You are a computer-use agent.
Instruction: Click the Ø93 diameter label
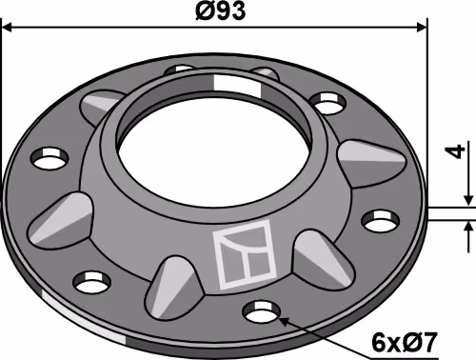(x=221, y=11)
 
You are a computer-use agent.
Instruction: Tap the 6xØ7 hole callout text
(x=405, y=342)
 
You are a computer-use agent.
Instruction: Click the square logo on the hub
(x=245, y=254)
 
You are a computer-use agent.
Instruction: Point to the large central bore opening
(x=215, y=157)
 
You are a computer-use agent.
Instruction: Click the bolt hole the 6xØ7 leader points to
(x=261, y=311)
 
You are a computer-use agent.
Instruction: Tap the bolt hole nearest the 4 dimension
(x=380, y=220)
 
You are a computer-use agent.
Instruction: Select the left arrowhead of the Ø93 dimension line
(x=7, y=28)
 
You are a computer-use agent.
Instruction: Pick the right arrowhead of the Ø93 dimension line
(x=422, y=28)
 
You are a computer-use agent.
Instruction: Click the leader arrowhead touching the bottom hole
(x=283, y=321)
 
